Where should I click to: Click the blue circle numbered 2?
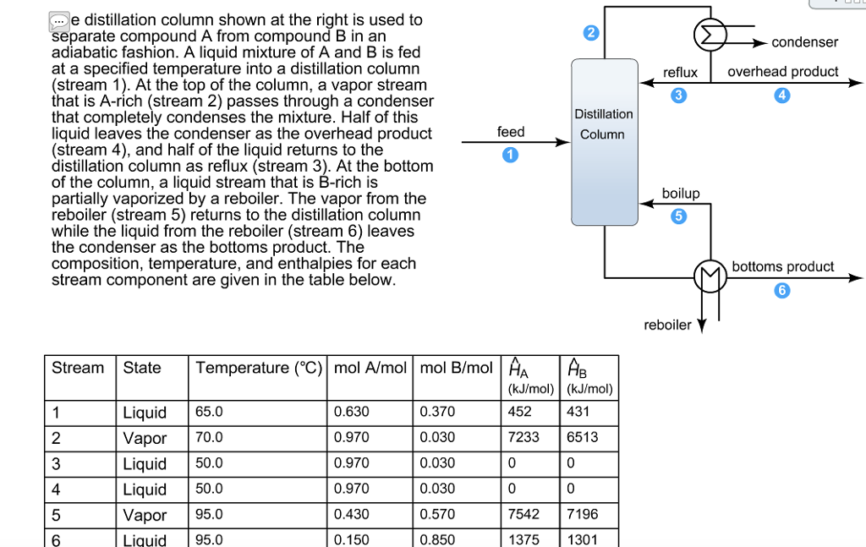591,34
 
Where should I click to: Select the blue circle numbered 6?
782,291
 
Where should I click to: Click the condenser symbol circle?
710,35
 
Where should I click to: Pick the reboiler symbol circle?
710,276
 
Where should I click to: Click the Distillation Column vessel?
603,142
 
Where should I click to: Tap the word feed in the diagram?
511,132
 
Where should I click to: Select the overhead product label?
782,72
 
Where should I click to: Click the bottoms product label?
782,267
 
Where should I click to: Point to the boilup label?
681,194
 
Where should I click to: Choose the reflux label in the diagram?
680,73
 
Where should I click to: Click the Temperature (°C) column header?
257,368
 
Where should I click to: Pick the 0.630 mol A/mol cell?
352,412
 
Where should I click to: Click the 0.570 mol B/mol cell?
437,514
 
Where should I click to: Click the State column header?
142,368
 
